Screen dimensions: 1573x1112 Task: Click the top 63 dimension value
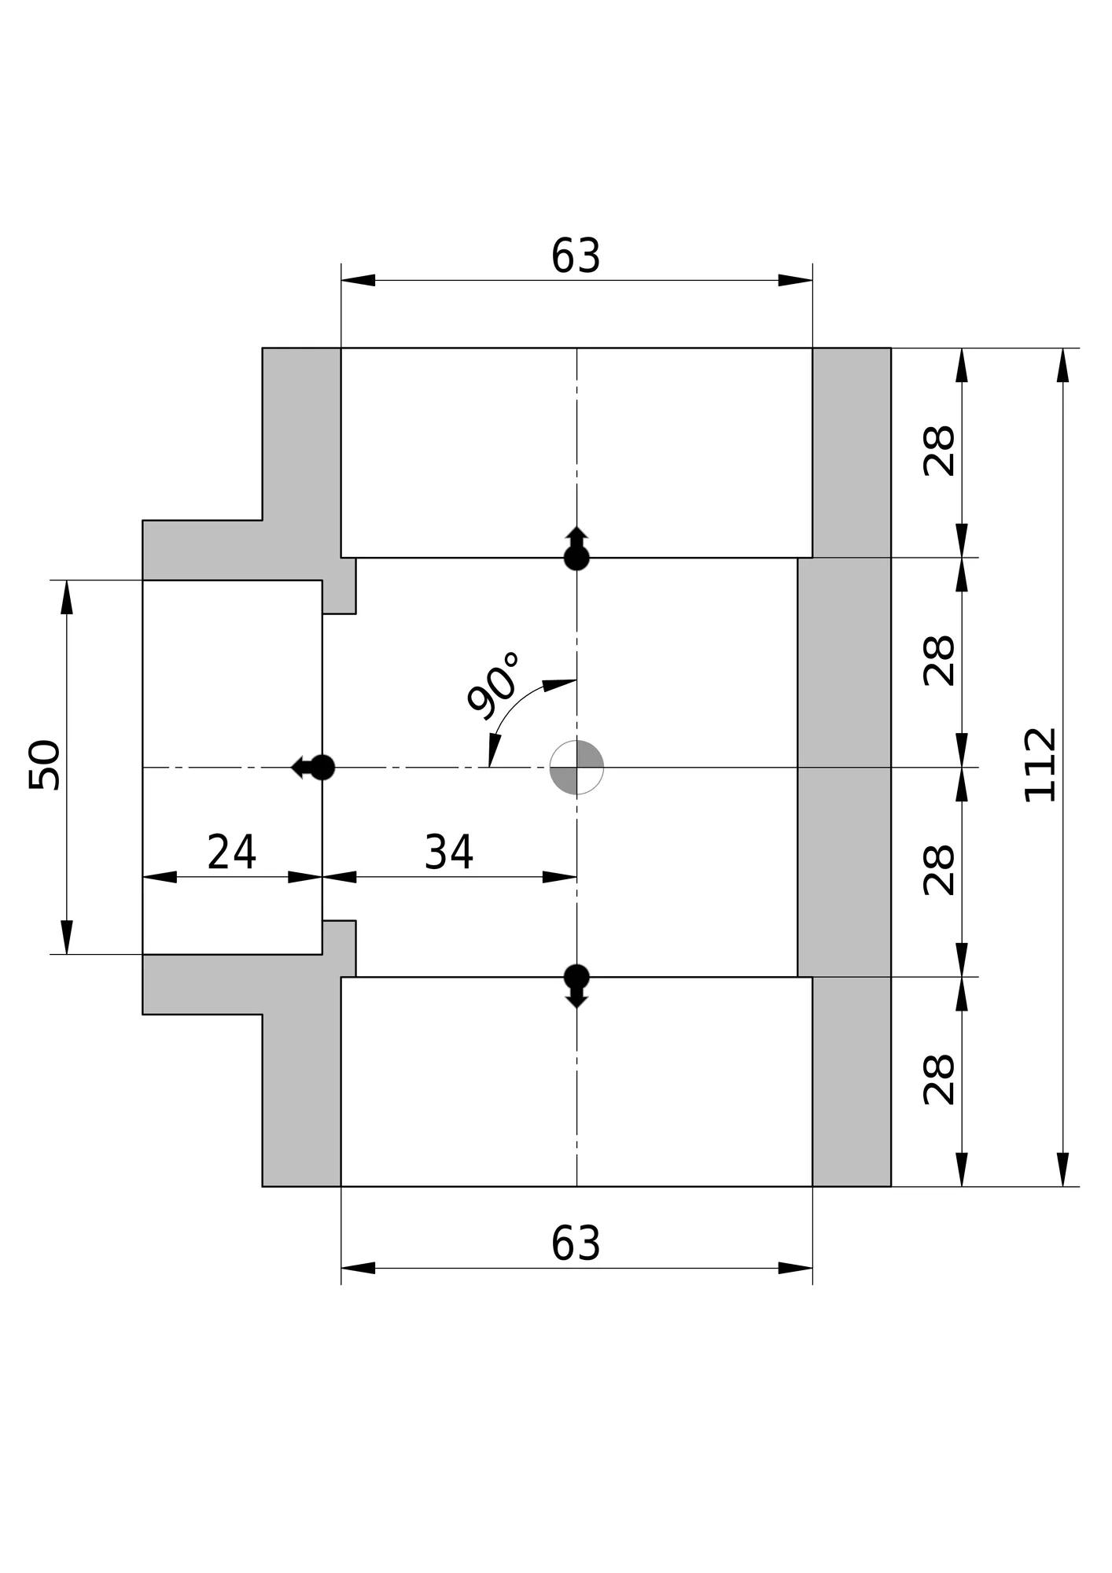click(576, 256)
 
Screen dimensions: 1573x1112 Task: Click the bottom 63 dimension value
click(576, 1243)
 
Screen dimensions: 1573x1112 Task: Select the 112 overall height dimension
click(1041, 765)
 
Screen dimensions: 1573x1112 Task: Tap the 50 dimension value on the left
click(45, 765)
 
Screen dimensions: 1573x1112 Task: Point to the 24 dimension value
click(231, 852)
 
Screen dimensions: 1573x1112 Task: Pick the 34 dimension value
click(449, 852)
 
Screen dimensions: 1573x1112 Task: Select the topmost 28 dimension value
click(939, 451)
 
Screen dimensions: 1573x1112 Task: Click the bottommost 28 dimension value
click(939, 1080)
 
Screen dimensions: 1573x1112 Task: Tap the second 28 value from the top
click(939, 661)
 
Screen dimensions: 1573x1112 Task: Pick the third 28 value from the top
click(939, 871)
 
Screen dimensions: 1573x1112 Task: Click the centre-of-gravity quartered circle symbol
click(576, 767)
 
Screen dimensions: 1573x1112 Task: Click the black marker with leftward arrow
click(315, 767)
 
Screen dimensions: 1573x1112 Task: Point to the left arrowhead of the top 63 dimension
click(359, 280)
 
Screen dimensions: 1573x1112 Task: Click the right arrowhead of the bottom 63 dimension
click(795, 1268)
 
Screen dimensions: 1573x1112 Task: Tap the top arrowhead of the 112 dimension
click(1063, 365)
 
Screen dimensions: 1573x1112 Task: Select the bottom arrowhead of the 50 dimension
click(67, 937)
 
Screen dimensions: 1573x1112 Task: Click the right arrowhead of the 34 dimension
click(559, 877)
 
